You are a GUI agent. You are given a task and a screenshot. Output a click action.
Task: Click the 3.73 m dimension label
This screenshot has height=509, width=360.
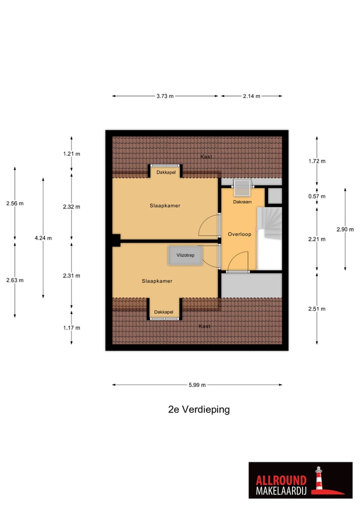[x=164, y=96]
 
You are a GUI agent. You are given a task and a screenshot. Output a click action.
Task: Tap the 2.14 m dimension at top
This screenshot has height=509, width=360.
[x=251, y=96]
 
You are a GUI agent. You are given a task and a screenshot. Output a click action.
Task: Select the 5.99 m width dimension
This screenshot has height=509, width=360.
[x=197, y=385]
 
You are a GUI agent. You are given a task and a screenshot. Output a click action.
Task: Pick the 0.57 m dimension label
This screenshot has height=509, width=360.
[x=317, y=196]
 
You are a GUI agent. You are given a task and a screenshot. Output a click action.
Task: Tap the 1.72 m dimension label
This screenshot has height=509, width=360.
[x=317, y=161]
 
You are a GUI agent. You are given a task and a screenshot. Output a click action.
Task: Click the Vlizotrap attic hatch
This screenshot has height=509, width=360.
[x=184, y=255]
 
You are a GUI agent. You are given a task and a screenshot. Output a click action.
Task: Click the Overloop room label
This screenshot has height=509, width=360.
[x=239, y=234]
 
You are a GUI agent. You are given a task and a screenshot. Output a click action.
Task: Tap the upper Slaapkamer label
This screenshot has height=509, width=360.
[x=164, y=205]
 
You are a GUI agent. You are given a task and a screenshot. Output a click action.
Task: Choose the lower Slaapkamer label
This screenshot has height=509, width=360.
[x=156, y=281]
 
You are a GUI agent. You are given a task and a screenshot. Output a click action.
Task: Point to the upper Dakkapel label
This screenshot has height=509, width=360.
[x=164, y=172]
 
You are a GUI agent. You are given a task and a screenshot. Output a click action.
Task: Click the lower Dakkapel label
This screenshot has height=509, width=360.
[x=163, y=312]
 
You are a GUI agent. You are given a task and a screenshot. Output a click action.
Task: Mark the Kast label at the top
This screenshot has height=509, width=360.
[x=205, y=156]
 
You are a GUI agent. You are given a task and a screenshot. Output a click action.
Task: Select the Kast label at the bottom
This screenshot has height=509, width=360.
[x=204, y=326]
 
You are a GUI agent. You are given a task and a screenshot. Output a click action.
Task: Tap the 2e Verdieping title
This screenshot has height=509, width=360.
[x=199, y=409]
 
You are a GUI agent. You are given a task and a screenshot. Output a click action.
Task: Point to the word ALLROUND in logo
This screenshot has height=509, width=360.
[x=281, y=481]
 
